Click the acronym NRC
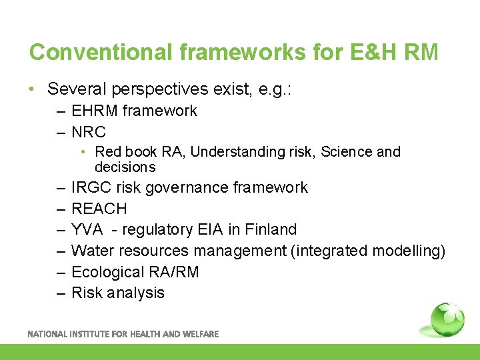coord(89,132)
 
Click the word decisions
coord(125,167)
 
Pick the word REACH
coord(99,209)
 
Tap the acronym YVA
coord(87,230)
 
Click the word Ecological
coord(107,272)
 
